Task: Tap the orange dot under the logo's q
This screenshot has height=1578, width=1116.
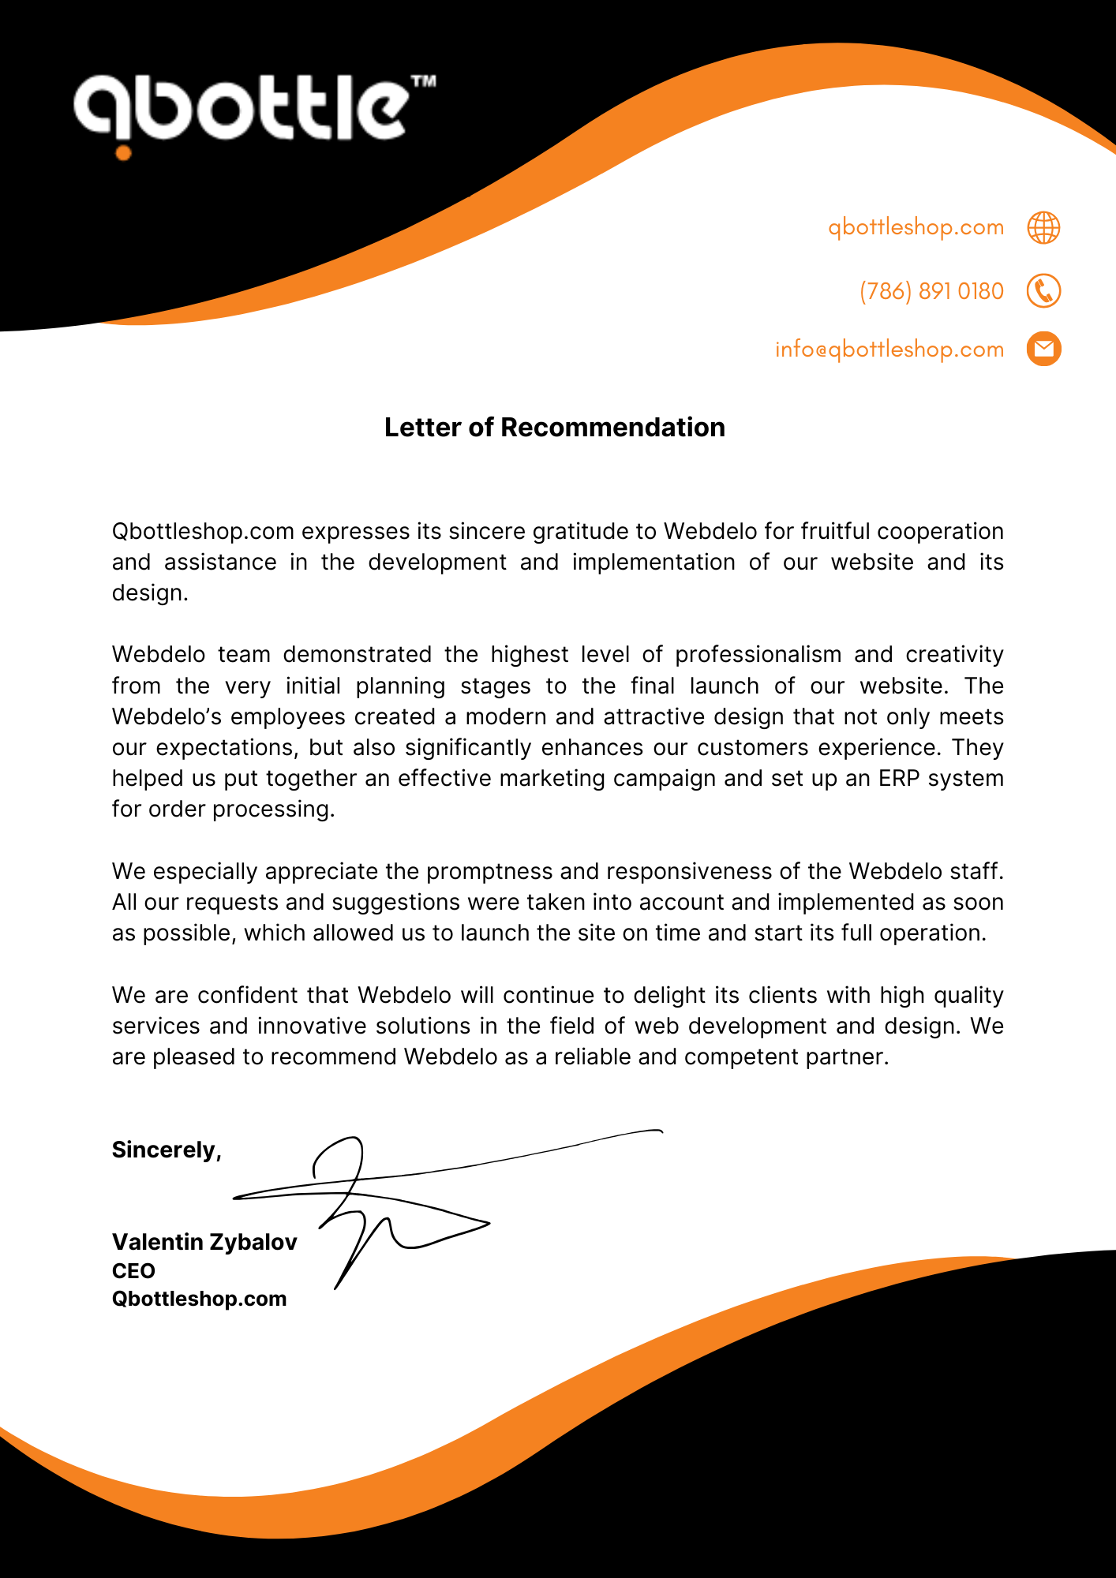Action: click(123, 152)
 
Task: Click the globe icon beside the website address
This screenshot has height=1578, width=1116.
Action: click(1043, 227)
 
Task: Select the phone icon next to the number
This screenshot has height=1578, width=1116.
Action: click(1043, 291)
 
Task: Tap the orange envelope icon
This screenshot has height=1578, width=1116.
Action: click(1043, 349)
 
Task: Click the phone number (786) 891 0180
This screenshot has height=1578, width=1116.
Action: click(931, 291)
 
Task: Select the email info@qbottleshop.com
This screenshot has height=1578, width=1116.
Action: click(889, 349)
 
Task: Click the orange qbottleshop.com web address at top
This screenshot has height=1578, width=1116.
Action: click(916, 227)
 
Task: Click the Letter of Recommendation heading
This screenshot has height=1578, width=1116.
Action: click(555, 427)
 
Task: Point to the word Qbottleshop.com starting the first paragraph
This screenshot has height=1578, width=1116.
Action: click(203, 531)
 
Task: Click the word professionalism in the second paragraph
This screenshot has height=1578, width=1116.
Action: click(758, 654)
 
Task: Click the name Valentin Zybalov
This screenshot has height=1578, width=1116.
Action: click(204, 1242)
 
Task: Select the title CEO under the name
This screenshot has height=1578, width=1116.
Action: click(133, 1270)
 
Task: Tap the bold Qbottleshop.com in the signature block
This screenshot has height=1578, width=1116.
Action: click(199, 1299)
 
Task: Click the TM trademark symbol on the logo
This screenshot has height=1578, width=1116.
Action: click(424, 81)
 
